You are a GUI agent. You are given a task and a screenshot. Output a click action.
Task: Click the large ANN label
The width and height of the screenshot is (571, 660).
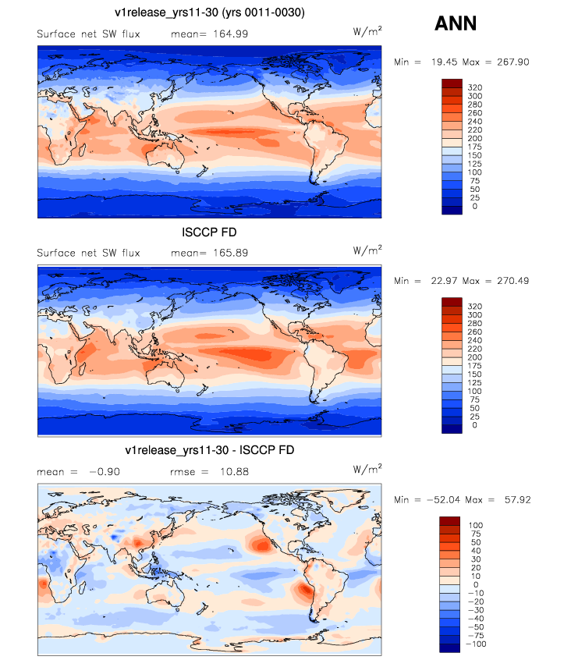pyautogui.click(x=456, y=23)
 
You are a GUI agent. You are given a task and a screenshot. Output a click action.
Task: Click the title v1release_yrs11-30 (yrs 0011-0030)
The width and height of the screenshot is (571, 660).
pyautogui.click(x=210, y=12)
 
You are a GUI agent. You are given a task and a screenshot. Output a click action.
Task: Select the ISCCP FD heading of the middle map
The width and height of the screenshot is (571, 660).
pyautogui.click(x=209, y=232)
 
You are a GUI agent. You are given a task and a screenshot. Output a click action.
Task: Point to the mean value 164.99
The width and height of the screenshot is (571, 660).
pyautogui.click(x=231, y=34)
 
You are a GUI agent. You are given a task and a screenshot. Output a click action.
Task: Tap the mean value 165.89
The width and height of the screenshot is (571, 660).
pyautogui.click(x=231, y=253)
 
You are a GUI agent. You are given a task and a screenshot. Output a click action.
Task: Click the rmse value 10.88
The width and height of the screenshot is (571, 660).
pyautogui.click(x=234, y=472)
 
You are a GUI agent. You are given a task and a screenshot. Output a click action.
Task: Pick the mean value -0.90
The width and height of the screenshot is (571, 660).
pyautogui.click(x=105, y=472)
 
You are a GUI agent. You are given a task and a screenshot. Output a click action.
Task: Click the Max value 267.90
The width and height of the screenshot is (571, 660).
pyautogui.click(x=513, y=62)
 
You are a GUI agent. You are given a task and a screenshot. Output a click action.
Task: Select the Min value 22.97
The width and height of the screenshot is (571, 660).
pyautogui.click(x=444, y=281)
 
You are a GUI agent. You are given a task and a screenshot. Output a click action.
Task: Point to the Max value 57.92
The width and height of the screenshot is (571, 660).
pyautogui.click(x=517, y=499)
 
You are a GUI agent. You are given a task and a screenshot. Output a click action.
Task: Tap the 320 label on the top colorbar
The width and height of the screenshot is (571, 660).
pyautogui.click(x=475, y=87)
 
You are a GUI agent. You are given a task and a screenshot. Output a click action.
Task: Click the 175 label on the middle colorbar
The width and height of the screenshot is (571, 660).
pyautogui.click(x=474, y=366)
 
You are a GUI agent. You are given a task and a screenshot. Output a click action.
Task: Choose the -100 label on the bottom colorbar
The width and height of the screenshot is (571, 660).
pyautogui.click(x=477, y=644)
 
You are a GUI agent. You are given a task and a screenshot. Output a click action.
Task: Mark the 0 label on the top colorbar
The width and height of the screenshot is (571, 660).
pyautogui.click(x=475, y=206)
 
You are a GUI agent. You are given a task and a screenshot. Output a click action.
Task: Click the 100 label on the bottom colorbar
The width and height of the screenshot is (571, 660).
pyautogui.click(x=476, y=525)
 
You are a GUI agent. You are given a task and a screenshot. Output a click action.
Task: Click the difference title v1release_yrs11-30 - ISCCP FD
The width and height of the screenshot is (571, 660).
pyautogui.click(x=210, y=450)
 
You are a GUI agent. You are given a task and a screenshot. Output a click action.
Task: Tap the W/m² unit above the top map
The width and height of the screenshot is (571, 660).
pyautogui.click(x=367, y=31)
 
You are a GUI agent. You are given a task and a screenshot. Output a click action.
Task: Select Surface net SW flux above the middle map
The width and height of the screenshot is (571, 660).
pyautogui.click(x=88, y=253)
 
